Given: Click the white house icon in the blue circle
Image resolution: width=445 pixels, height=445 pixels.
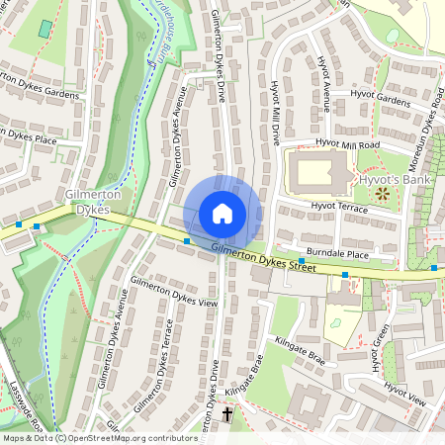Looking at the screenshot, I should point(222,213).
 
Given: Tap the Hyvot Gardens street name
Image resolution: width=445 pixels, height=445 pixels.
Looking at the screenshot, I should point(380,100).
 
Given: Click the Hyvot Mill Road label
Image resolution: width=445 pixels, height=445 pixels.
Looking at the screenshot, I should point(347,144).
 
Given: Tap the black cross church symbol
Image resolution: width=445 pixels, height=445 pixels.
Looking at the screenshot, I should point(228,413).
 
